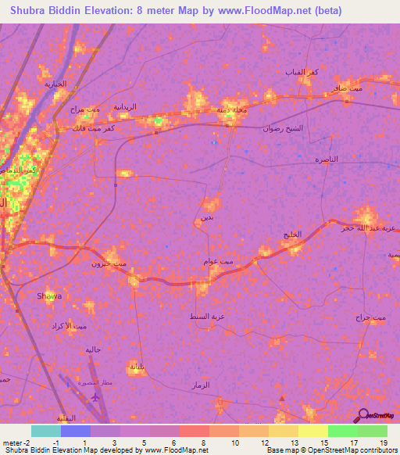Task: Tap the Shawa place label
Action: coord(49,296)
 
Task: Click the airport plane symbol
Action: coord(95,396)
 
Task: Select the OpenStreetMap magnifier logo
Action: coord(362,416)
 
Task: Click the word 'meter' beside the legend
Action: coord(12,442)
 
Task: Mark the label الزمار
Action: coord(201,386)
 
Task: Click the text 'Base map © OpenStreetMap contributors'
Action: coord(331,450)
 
